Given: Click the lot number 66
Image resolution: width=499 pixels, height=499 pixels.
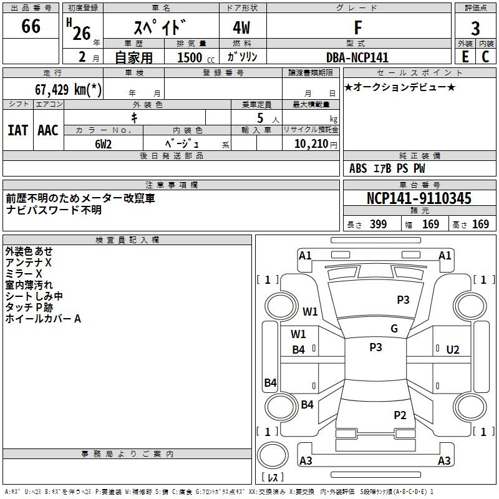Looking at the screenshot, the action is click(31, 26).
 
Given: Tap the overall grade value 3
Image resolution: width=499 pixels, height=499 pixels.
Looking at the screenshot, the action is click(475, 29).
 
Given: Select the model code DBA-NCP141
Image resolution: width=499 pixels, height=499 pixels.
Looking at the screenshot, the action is click(357, 57).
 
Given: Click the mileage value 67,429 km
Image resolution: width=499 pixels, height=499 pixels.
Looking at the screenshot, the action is click(68, 89).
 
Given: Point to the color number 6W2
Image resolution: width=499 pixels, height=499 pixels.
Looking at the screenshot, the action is click(103, 144).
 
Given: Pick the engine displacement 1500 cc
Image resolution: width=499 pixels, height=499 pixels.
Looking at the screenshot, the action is click(196, 57).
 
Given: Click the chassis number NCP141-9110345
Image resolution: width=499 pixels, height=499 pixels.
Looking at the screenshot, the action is click(419, 198).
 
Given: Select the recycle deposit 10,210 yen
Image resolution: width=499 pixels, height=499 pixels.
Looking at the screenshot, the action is click(316, 144).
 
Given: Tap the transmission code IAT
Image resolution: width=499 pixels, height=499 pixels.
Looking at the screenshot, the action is click(18, 130).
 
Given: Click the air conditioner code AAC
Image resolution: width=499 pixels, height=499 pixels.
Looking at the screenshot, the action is click(48, 130).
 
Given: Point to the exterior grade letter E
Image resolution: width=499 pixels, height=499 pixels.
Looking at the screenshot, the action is click(465, 57).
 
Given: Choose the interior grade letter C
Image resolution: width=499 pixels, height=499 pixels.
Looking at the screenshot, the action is click(485, 57).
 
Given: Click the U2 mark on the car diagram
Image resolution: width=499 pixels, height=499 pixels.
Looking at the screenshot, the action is click(453, 350).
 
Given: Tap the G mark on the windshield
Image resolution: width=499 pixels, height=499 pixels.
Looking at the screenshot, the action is click(394, 328).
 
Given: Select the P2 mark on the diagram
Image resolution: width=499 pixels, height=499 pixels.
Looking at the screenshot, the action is click(400, 415).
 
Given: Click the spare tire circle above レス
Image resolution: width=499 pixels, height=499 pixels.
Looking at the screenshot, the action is click(273, 455).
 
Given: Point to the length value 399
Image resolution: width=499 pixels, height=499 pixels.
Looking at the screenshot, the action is click(379, 224).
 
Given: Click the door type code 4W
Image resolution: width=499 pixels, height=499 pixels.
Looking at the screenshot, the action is click(241, 27).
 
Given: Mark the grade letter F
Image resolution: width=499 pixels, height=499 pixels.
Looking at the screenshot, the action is click(358, 27).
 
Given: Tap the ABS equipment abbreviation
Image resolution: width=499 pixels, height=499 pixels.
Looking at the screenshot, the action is click(358, 168).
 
